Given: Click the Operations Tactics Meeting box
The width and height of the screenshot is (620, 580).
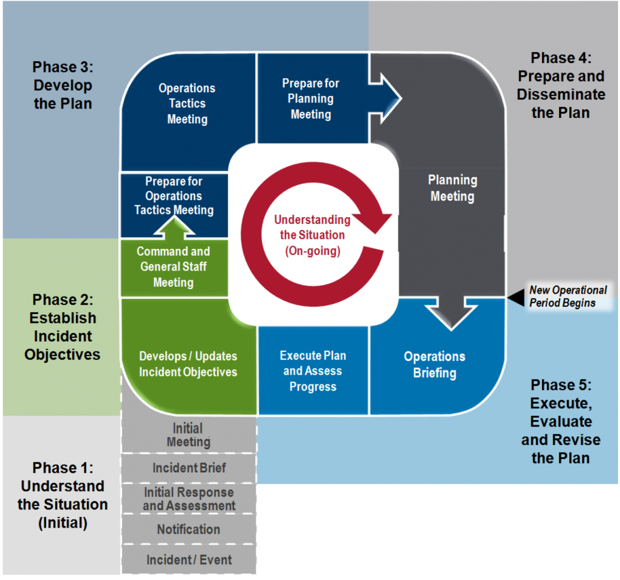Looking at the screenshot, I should point(187,104).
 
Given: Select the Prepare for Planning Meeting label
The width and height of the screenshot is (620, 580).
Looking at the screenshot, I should point(311,99).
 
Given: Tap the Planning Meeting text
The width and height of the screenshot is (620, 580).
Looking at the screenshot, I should point(453,188).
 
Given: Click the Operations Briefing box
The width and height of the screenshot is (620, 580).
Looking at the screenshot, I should point(435,365).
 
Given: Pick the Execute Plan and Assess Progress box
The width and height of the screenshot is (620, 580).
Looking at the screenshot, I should point(313,371).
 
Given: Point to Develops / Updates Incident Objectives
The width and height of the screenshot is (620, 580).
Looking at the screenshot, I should point(188,364).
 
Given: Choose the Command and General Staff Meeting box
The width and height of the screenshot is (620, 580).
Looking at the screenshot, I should point(174,267).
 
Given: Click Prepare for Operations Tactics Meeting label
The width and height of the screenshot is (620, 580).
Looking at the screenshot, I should point(174,196).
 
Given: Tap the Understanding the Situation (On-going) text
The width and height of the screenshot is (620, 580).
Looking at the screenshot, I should point(312,235).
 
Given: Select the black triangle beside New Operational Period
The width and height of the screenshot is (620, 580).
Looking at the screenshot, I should point(516,297).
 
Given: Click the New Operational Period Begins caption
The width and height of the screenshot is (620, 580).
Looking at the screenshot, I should point(567,296).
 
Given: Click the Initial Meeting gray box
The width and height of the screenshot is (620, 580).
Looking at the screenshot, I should point(189,435).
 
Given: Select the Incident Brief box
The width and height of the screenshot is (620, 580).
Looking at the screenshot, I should point(189,468).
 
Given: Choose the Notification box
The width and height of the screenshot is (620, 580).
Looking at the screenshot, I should point(189,529).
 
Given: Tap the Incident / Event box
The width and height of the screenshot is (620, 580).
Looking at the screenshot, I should point(189,560).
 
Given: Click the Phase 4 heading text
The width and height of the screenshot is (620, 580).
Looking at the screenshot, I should point(561,85).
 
